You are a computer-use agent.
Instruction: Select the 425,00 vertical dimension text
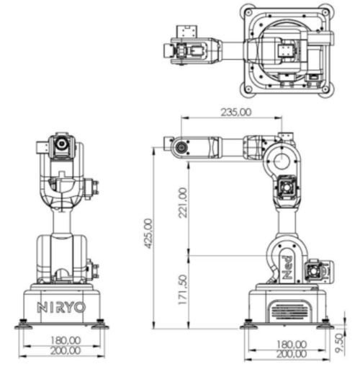pyautogui.click(x=148, y=235)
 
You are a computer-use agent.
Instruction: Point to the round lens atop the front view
pyautogui.click(x=63, y=144)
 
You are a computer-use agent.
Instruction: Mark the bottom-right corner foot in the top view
pyautogui.click(x=328, y=90)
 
